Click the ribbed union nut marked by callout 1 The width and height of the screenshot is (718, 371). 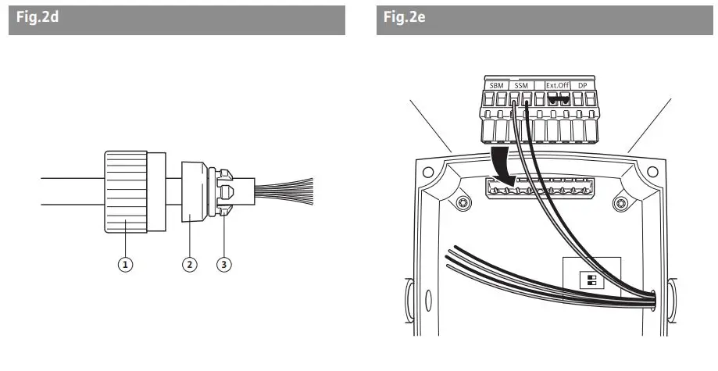pyautogui.click(x=125, y=192)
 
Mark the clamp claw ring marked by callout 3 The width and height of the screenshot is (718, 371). pyautogui.click(x=224, y=191)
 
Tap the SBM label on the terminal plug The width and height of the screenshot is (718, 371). pyautogui.click(x=496, y=84)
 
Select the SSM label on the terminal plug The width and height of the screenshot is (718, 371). pyautogui.click(x=522, y=84)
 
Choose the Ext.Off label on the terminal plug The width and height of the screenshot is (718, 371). pyautogui.click(x=557, y=84)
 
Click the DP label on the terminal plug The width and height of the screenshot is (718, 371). pyautogui.click(x=582, y=84)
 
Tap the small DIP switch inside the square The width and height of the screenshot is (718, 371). pyautogui.click(x=591, y=280)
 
